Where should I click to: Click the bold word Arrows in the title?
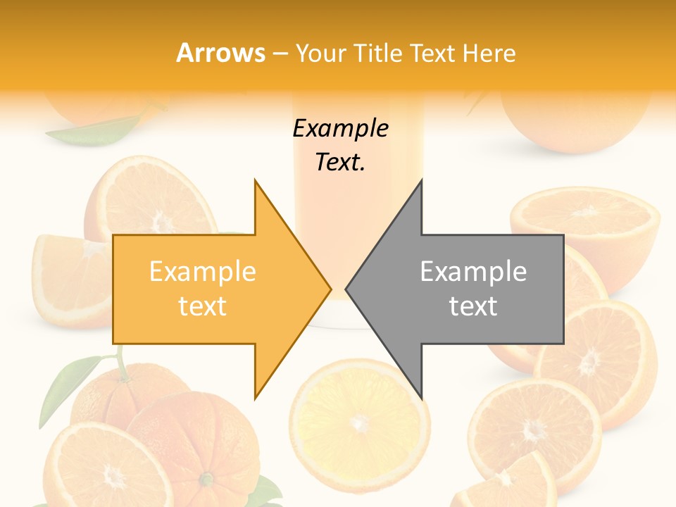(x=221, y=53)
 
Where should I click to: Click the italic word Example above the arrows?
(x=340, y=129)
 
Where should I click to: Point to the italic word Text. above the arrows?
(x=340, y=163)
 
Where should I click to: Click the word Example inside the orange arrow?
(x=202, y=272)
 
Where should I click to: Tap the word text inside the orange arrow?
(x=202, y=306)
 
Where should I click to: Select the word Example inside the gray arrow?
(x=473, y=272)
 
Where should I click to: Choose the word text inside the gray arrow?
(x=473, y=306)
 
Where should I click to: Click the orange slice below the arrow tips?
(x=360, y=422)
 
